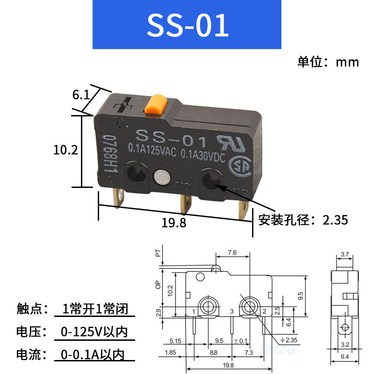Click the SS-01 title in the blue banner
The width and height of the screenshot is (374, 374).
(x=187, y=25)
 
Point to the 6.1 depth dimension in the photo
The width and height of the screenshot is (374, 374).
(x=80, y=95)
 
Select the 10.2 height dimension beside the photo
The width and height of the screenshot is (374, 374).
(x=65, y=150)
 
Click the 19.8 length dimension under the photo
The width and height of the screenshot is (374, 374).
(x=173, y=223)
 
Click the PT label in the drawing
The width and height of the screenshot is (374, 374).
(x=158, y=253)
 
